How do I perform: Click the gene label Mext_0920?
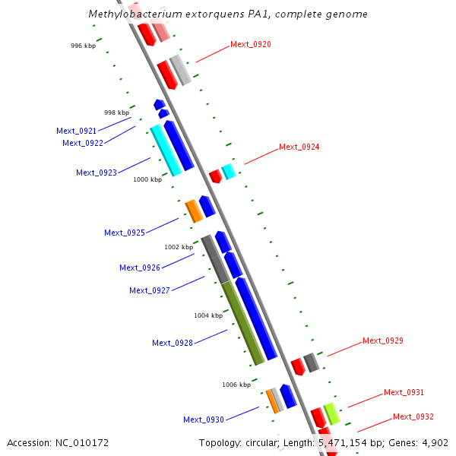(x=250, y=44)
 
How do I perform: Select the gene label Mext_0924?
(x=299, y=147)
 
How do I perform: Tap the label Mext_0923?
(x=97, y=173)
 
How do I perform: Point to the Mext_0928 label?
(x=173, y=343)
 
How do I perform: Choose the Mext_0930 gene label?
(x=204, y=420)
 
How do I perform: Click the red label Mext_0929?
(x=382, y=340)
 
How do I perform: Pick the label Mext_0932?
(x=413, y=416)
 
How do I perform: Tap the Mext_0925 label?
(x=125, y=233)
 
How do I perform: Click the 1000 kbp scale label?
(x=147, y=180)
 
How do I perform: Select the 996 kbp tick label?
(x=83, y=46)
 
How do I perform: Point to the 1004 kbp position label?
(x=207, y=315)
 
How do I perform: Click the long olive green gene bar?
(x=243, y=323)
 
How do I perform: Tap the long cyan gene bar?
(x=166, y=150)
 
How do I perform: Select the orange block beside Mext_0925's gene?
(x=194, y=211)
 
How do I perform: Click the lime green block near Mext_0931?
(x=331, y=414)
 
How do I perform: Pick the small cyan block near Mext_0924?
(x=228, y=172)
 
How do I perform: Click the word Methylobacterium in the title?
(x=131, y=14)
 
